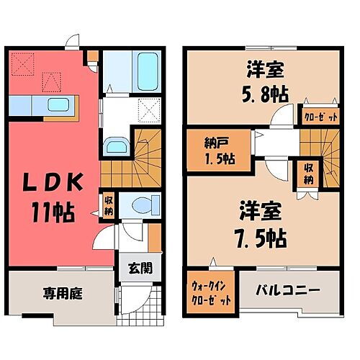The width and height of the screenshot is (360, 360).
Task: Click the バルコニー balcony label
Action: click(286, 292)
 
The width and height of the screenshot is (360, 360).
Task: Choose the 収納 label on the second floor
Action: click(307, 174)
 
